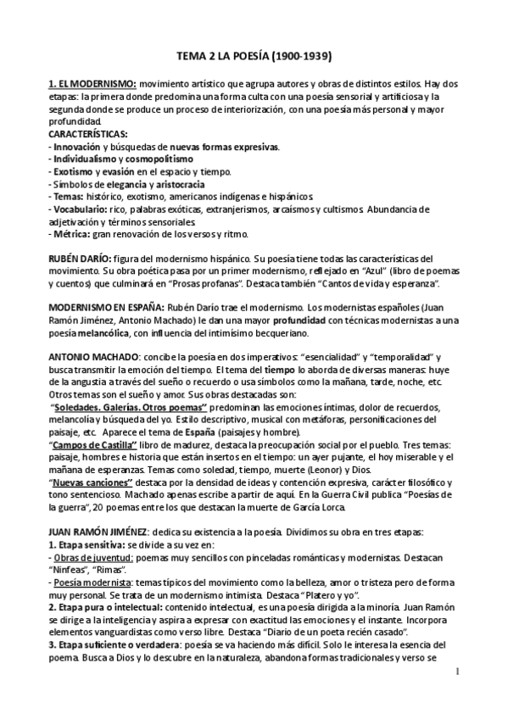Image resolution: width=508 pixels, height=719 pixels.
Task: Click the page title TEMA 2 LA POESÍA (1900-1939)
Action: (253, 58)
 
